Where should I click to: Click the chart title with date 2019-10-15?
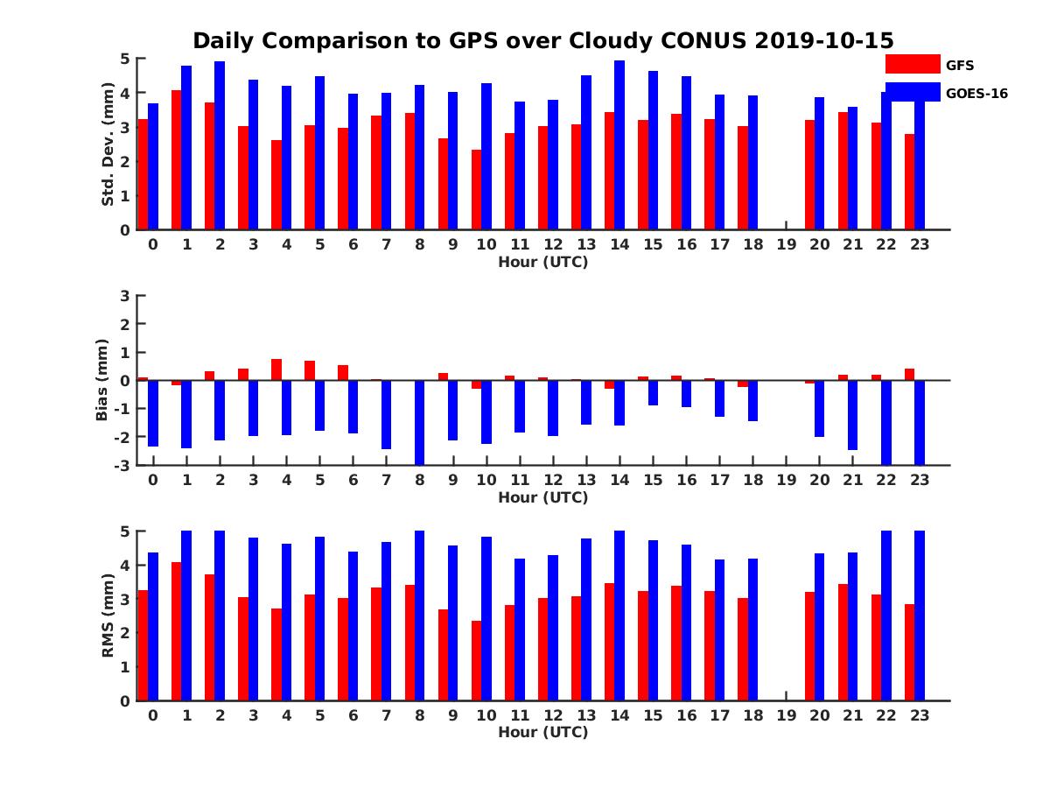point(542,40)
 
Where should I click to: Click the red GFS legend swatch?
point(913,64)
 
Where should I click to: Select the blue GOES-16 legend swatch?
point(913,92)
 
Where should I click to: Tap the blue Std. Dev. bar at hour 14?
point(619,145)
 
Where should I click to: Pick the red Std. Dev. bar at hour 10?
point(477,190)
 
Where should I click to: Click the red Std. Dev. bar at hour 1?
point(177,160)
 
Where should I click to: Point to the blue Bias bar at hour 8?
point(420,422)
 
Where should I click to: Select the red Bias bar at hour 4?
point(276,369)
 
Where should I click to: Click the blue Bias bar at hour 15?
point(653,392)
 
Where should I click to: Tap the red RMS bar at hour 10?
point(477,661)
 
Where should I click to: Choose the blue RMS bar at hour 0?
point(153,627)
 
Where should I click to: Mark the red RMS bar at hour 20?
point(810,646)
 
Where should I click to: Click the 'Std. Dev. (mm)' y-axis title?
point(108,144)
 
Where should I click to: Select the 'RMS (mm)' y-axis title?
point(108,616)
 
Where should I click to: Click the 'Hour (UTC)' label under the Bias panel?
point(542,497)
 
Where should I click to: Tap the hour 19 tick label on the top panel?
point(786,244)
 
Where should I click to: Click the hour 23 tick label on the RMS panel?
point(919,714)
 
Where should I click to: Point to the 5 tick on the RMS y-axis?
point(125,531)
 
